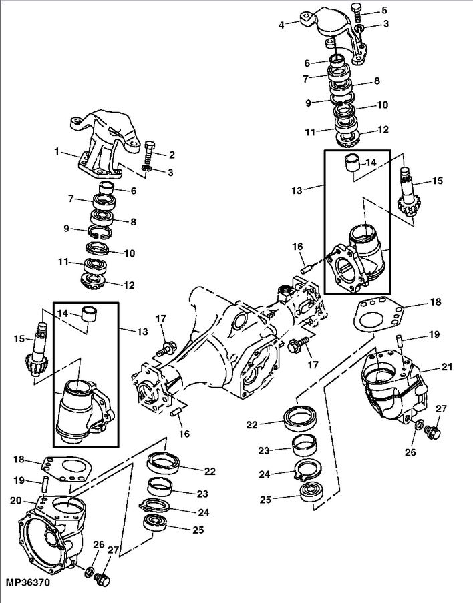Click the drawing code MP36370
click(x=28, y=582)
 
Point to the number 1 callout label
click(x=57, y=152)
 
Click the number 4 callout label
click(x=281, y=25)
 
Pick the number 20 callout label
click(x=16, y=500)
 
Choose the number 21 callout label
click(x=447, y=367)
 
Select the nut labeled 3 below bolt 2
click(x=146, y=169)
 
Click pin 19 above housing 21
click(x=400, y=341)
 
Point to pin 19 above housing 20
click(x=45, y=483)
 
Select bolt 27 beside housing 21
click(x=433, y=432)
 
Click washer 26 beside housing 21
click(x=419, y=424)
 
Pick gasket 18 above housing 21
click(x=379, y=314)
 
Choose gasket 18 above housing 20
click(x=67, y=468)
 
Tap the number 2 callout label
click(x=172, y=155)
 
